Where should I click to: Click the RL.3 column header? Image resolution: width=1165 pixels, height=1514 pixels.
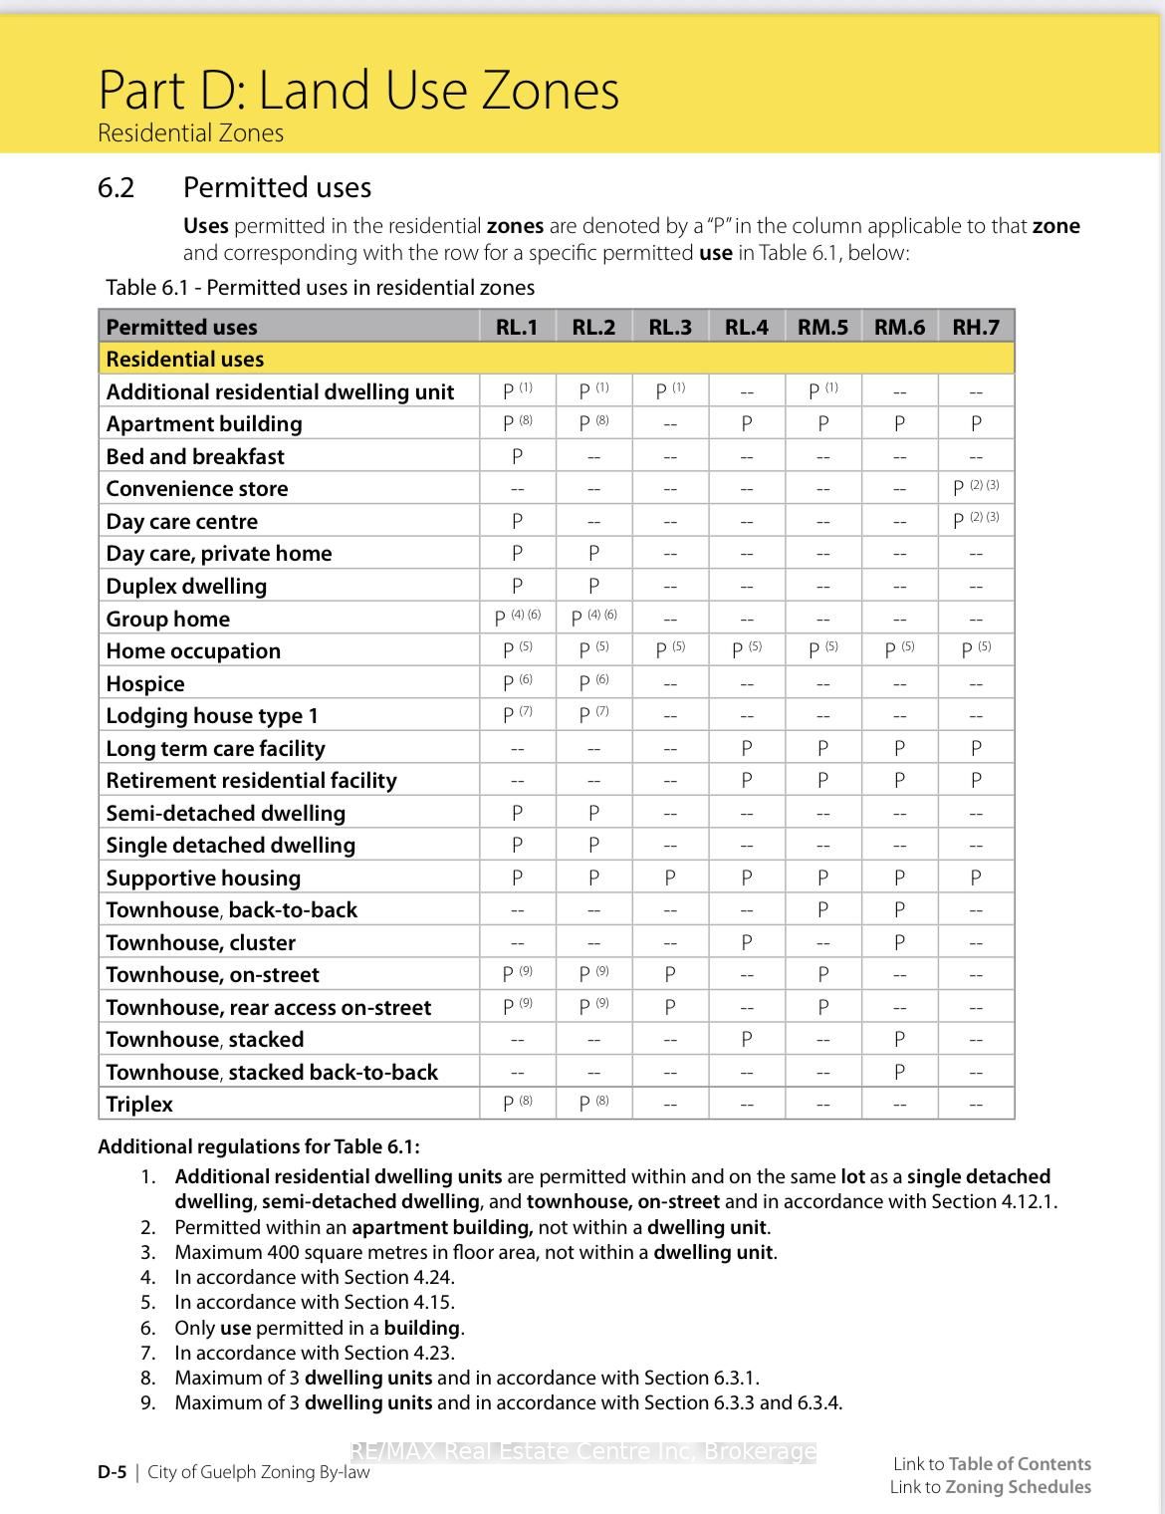click(x=669, y=327)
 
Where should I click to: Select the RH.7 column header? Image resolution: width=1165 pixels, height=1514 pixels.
click(x=976, y=327)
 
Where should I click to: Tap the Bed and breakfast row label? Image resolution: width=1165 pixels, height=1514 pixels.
click(x=195, y=457)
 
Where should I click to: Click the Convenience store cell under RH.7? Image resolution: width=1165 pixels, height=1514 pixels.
click(x=976, y=488)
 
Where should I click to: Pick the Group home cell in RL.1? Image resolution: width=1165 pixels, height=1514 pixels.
click(x=517, y=618)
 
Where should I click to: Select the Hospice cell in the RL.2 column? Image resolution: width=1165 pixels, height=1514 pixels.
click(x=593, y=682)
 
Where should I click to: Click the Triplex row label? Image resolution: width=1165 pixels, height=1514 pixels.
click(x=139, y=1105)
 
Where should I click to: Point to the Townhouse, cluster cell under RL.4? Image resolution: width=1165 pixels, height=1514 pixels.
click(x=746, y=942)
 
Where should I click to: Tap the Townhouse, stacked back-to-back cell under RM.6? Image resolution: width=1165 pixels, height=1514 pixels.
click(x=899, y=1072)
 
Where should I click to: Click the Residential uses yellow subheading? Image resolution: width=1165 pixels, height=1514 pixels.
click(x=185, y=360)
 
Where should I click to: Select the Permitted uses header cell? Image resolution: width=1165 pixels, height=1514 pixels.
click(x=181, y=327)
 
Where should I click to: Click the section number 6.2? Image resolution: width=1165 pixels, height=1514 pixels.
click(x=116, y=188)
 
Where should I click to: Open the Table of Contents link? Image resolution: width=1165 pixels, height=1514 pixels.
click(x=1019, y=1463)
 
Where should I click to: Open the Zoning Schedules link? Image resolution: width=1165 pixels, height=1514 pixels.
click(x=1017, y=1487)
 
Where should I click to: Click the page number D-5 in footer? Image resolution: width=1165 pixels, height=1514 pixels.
click(x=112, y=1472)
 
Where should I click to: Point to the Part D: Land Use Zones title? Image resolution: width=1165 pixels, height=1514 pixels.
click(x=358, y=90)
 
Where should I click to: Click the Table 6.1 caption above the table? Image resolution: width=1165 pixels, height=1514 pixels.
click(x=320, y=288)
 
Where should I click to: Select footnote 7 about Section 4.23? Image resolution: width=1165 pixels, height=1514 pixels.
click(x=314, y=1353)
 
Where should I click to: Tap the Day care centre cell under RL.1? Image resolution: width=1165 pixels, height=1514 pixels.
click(x=517, y=521)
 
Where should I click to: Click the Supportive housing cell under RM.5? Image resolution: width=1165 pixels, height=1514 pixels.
click(x=822, y=878)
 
